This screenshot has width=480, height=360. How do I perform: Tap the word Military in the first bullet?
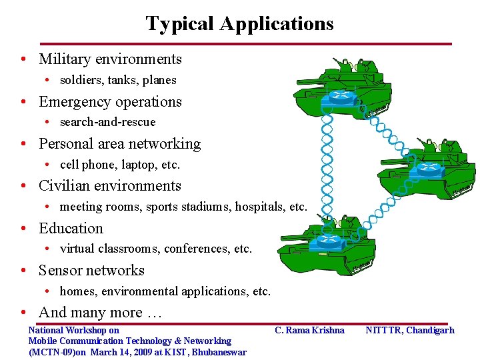click(x=65, y=59)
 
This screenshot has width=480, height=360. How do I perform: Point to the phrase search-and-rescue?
click(x=107, y=122)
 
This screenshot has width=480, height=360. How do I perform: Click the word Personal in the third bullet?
click(x=66, y=144)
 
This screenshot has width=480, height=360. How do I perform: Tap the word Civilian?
click(x=65, y=186)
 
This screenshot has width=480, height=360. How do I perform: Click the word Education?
click(x=71, y=229)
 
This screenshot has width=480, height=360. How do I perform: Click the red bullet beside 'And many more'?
click(x=23, y=313)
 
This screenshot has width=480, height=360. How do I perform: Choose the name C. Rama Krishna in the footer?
click(x=309, y=330)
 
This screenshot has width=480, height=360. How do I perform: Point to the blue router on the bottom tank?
click(x=327, y=240)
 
